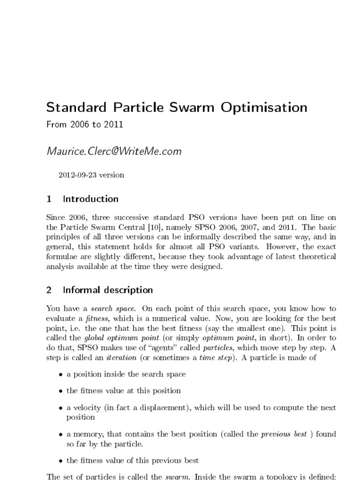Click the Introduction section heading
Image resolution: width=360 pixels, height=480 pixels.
click(90, 199)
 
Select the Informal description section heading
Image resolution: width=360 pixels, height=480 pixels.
click(108, 290)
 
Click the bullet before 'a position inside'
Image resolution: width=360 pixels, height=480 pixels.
click(61, 375)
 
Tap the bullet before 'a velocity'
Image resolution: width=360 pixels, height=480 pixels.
click(61, 408)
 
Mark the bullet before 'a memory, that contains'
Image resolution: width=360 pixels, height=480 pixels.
click(61, 435)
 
